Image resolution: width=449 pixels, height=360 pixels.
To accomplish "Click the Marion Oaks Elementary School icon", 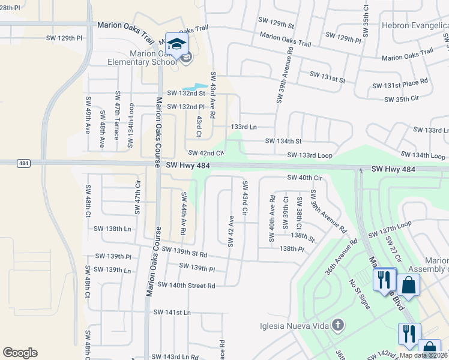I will pos(176,44).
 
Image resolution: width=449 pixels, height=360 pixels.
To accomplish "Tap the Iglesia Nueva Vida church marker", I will pos(338,326).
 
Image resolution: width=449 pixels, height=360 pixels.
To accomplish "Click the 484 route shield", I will pos(23,163).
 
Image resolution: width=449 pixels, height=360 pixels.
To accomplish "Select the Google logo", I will pos(20,353).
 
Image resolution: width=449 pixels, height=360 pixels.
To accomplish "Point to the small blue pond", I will pos(194,88).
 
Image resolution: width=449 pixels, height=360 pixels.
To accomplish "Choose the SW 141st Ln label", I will pos(172,313).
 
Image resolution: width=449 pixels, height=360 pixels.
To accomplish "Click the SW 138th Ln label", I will pos(112,229).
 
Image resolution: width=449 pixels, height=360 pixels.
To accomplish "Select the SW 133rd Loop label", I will pos(309,155).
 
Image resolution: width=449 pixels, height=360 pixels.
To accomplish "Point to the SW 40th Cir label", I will pos(305,178).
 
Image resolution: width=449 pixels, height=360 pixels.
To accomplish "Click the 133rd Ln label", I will pos(243,127).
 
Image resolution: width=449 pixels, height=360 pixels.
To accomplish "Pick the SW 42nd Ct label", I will pos(206,154).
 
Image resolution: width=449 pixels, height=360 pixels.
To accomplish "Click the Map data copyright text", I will pos(423,355).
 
